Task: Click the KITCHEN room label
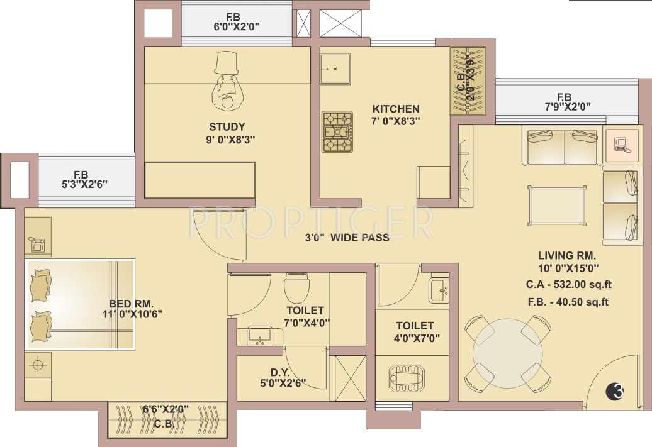click(x=395, y=109)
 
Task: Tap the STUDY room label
click(x=227, y=127)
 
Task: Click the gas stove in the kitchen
click(x=337, y=131)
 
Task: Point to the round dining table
click(x=507, y=353)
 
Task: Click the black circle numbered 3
click(x=615, y=391)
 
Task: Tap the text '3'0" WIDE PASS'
click(x=347, y=238)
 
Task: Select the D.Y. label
click(x=280, y=373)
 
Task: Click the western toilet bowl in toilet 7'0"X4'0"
click(x=296, y=287)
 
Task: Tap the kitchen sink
click(x=335, y=69)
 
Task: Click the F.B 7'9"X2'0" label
click(x=568, y=102)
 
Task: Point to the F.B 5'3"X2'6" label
click(x=84, y=180)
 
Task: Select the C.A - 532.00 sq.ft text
click(x=568, y=285)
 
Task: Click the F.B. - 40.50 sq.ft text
click(x=568, y=302)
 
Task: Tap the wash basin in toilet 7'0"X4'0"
click(x=259, y=336)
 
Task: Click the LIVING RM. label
click(x=567, y=255)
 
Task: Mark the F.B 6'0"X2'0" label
click(x=237, y=22)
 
